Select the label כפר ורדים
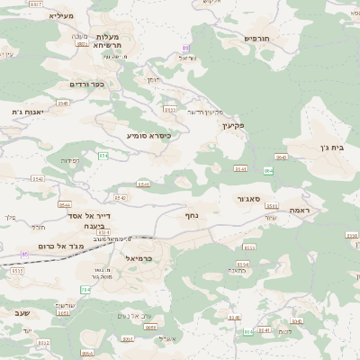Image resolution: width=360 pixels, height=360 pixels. coord(87,84)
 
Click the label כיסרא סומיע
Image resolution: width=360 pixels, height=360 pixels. coord(148,135)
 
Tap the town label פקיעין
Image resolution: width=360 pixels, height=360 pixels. coord(234,125)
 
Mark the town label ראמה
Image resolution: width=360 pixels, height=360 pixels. coord(300,210)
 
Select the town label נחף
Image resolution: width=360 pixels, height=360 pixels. coord(192,215)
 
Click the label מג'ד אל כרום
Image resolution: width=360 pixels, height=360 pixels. coord(60,245)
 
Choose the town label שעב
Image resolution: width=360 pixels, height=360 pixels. coord(22,312)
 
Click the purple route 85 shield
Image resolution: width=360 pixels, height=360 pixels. coord(25,255)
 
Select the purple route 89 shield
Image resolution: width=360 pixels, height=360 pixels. coord(186,48)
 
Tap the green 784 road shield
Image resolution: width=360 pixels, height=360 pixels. coord(85,290)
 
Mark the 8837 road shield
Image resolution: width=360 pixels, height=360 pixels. coord(36,4)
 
